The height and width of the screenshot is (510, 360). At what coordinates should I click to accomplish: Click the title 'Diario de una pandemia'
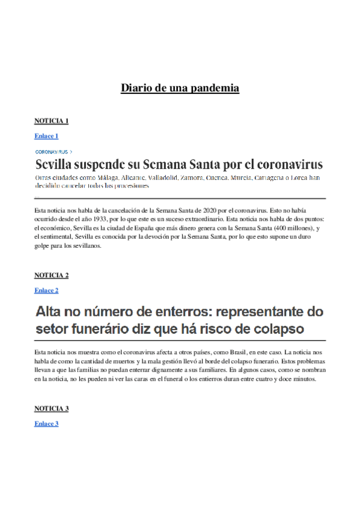pyautogui.click(x=180, y=88)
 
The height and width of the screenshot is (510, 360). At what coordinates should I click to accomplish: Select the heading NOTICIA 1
pyautogui.click(x=51, y=121)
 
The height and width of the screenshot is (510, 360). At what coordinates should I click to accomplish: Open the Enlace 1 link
pyautogui.click(x=46, y=136)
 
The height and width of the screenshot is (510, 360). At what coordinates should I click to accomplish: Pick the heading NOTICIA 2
pyautogui.click(x=51, y=275)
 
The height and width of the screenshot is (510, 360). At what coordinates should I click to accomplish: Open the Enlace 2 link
pyautogui.click(x=46, y=290)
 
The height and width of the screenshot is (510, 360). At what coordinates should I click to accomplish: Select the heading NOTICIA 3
pyautogui.click(x=51, y=409)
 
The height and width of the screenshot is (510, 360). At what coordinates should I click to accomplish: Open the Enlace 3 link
pyautogui.click(x=46, y=424)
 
